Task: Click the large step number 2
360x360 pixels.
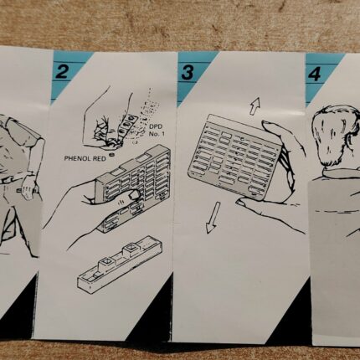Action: coord(62,71)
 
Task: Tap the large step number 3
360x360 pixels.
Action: coord(188,72)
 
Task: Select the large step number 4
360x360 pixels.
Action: coord(315,74)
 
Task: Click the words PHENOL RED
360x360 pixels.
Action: coord(85,158)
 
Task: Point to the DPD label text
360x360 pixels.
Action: coord(156,127)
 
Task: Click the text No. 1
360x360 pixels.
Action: coord(157,134)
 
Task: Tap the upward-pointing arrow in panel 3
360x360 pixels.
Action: coord(255,106)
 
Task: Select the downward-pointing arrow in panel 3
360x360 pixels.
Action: coord(213,218)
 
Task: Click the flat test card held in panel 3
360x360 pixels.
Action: coord(235,157)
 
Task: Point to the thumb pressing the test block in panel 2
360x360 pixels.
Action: coord(131,195)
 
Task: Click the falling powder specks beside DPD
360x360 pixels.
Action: coord(148,111)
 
